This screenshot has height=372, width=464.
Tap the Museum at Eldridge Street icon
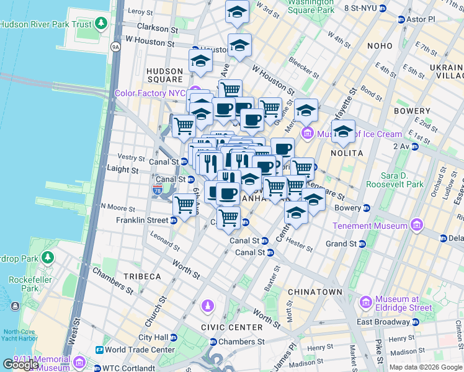(365, 302)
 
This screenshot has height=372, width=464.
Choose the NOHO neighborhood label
(379, 46)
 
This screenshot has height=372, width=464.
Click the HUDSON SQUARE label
(165, 76)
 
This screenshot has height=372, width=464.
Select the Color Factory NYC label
(151, 93)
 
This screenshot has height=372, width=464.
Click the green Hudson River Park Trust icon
(100, 24)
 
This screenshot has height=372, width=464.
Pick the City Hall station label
(153, 337)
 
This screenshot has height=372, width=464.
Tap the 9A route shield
(115, 46)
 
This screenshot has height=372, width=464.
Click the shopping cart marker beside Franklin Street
(184, 204)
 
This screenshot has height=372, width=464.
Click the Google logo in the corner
(20, 365)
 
